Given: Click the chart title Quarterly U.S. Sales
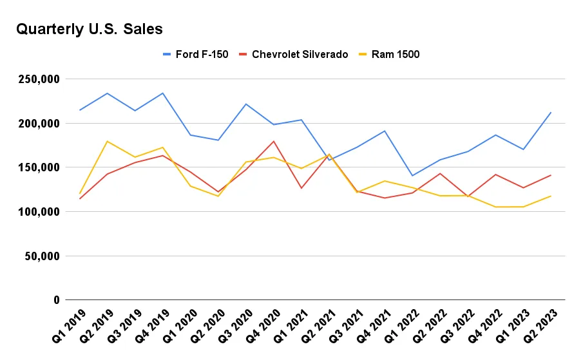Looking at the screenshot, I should [89, 29].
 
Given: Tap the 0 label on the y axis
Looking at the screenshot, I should [56, 300].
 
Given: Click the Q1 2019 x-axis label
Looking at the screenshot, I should [69, 325].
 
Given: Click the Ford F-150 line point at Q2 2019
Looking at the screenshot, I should [108, 93].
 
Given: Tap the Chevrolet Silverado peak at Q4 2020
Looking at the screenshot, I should [274, 141].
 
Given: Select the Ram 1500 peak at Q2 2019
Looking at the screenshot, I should [108, 141].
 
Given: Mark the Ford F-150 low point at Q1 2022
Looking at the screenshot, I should [412, 175].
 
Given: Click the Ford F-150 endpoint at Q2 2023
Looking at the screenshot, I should [551, 113].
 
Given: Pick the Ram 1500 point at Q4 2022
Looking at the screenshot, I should [495, 207].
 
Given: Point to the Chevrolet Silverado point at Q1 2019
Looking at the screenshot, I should [80, 198].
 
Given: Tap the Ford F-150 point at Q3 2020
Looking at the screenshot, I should [246, 104].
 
